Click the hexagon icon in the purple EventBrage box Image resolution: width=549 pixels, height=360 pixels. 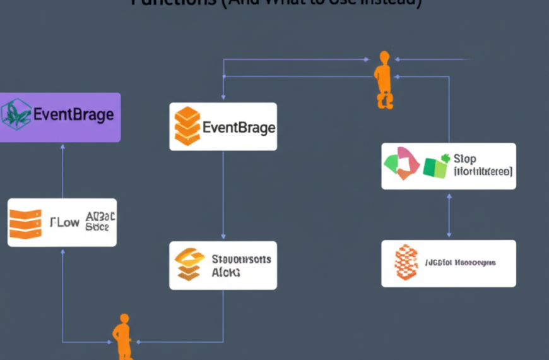tap(16, 114)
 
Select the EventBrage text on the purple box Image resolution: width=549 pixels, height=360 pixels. tap(73, 115)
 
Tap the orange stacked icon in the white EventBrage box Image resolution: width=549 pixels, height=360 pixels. tap(186, 126)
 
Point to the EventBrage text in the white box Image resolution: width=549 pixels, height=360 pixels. tap(239, 128)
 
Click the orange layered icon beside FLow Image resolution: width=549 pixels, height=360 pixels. tap(25, 223)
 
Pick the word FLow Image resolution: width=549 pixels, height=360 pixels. tap(64, 222)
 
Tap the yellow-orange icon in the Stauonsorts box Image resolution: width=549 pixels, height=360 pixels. tap(189, 264)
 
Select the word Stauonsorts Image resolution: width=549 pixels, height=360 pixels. tap(241, 259)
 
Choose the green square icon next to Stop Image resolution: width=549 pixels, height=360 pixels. tap(435, 165)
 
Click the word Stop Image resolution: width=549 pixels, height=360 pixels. tap(465, 159)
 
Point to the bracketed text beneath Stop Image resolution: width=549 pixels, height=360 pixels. tap(483, 171)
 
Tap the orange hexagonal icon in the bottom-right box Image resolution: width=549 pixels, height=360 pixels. tap(406, 262)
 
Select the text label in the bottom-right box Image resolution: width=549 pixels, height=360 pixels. tap(460, 262)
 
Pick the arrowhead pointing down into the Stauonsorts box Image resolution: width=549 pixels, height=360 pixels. tap(223, 237)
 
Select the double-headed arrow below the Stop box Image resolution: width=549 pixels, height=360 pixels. tap(449, 215)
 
